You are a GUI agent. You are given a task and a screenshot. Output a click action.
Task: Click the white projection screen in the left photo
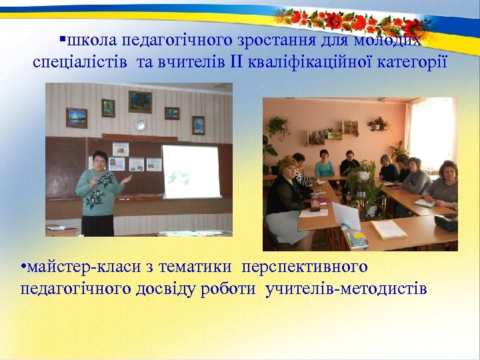pos(191,171)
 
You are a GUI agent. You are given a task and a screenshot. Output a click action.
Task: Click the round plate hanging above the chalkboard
pos(140,124)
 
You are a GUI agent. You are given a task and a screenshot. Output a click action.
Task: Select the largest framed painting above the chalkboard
pos(140,101)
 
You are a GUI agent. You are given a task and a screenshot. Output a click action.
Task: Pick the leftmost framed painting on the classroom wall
pos(77,117)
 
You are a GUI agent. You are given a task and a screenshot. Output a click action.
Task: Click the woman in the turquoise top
pos(325,163)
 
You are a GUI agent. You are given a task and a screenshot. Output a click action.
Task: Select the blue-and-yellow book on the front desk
pos(357,239)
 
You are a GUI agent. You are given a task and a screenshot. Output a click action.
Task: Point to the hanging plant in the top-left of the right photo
pos(277,126)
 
